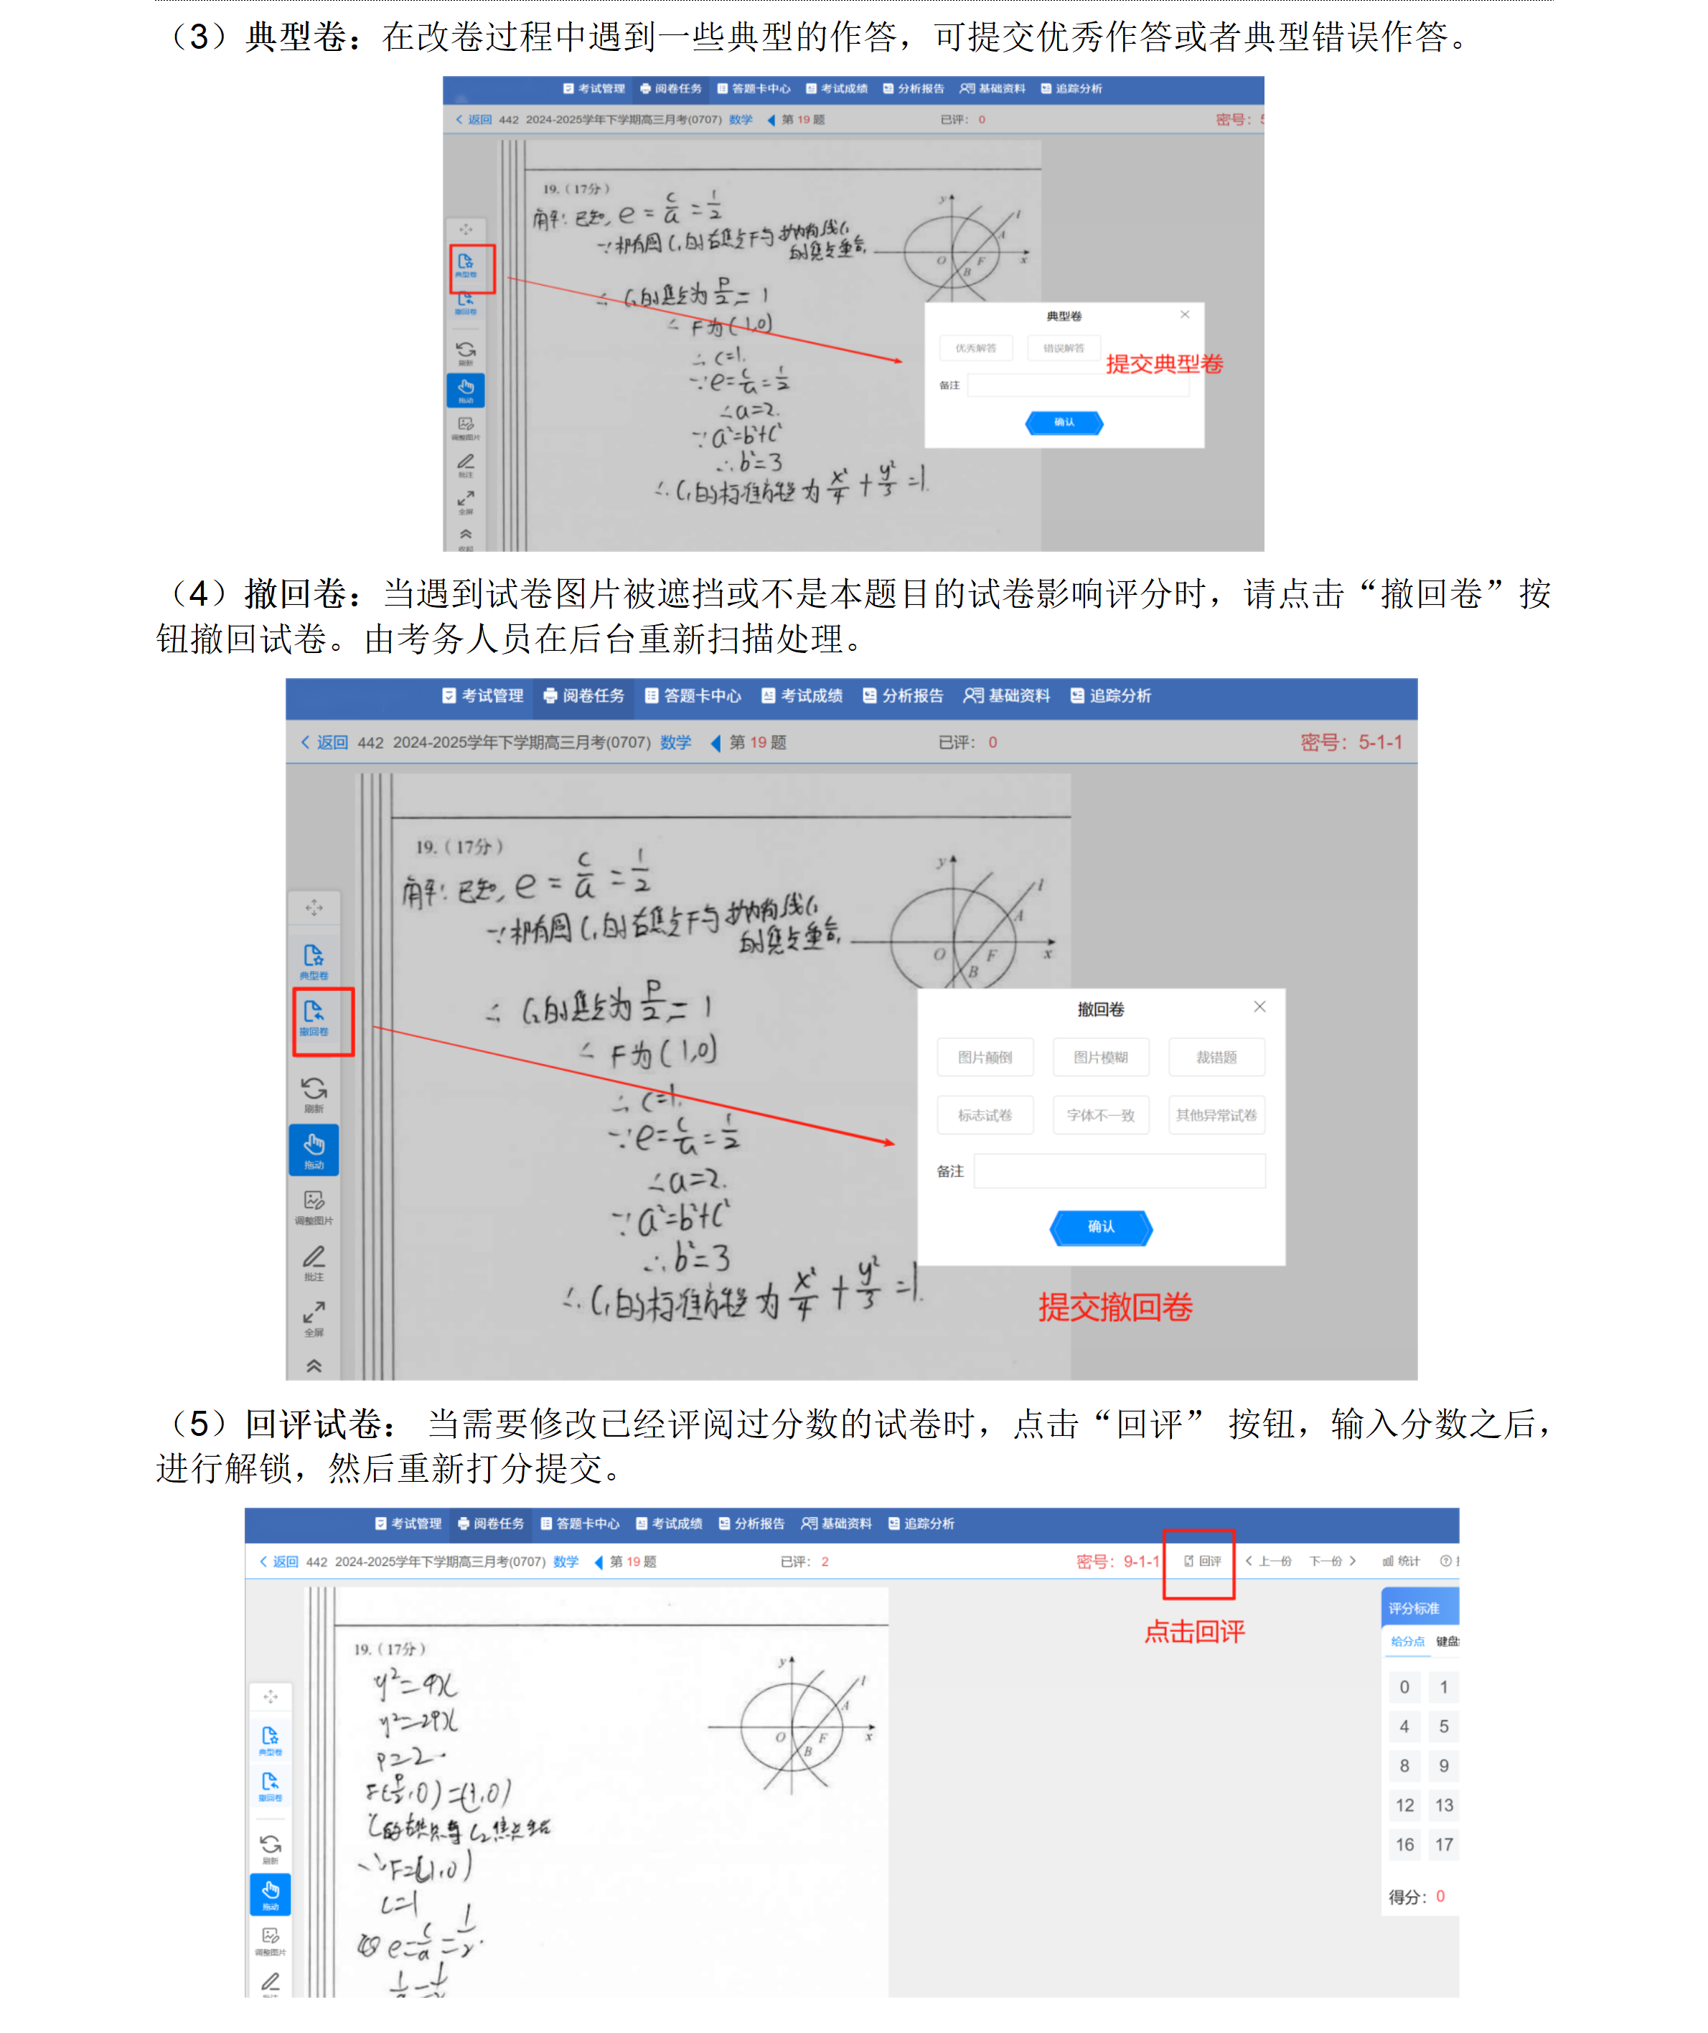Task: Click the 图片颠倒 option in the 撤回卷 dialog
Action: (x=985, y=1057)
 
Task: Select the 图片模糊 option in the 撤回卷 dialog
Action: (x=1100, y=1057)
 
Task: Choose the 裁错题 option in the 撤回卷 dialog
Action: (x=1216, y=1057)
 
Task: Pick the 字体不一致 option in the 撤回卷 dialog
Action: (x=1100, y=1115)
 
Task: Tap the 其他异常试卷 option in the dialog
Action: (x=1216, y=1115)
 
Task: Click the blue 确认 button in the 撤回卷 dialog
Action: (x=1101, y=1226)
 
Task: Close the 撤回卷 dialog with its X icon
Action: (x=1259, y=1007)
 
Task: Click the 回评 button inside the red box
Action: (x=1203, y=1561)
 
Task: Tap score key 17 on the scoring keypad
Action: (x=1444, y=1844)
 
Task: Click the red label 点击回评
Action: (x=1194, y=1631)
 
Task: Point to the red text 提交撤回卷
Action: (x=1115, y=1307)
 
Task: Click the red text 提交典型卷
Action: (x=1164, y=364)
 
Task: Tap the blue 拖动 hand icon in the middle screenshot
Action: (x=314, y=1149)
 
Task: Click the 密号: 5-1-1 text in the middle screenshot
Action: (x=1351, y=743)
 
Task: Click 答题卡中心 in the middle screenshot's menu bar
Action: (x=693, y=695)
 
